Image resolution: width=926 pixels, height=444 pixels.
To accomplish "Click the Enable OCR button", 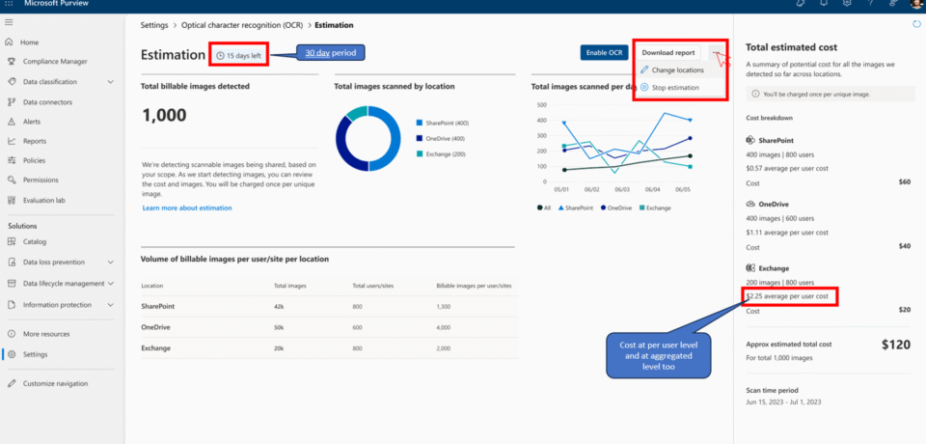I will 604,52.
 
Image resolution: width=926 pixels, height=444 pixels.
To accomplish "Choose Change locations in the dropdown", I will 677,70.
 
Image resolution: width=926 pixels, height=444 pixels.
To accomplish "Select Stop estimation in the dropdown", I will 675,88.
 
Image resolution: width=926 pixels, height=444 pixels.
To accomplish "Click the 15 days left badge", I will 239,56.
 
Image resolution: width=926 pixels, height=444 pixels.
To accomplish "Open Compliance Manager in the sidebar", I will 55,61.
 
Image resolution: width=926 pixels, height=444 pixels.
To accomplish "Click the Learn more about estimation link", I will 187,208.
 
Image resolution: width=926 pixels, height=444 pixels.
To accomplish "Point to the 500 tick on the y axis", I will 542,105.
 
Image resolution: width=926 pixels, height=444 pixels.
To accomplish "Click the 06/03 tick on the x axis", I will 621,190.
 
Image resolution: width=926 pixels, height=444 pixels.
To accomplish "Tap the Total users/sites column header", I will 371,286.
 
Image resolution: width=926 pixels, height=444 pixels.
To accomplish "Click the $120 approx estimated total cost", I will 896,343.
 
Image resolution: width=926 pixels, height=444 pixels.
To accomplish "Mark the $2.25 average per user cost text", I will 786,296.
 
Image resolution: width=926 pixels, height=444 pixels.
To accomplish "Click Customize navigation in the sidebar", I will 55,383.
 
